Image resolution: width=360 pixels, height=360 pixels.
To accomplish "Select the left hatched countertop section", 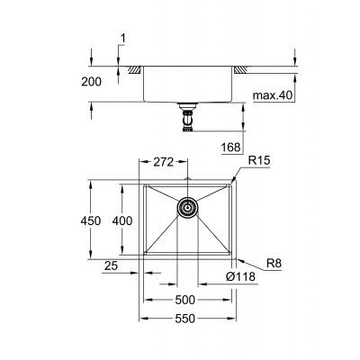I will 132,70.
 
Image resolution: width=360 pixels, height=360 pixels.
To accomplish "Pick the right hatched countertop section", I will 243,70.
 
